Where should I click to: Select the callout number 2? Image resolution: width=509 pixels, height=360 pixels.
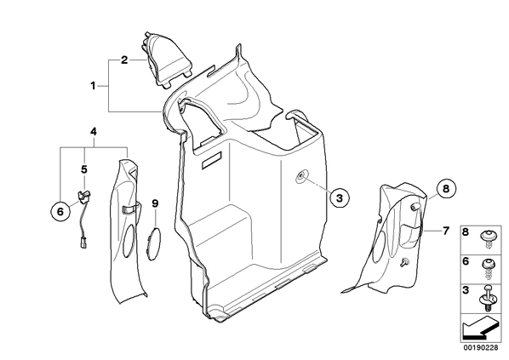click(x=124, y=60)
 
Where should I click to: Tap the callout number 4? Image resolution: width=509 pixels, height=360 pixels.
click(x=94, y=132)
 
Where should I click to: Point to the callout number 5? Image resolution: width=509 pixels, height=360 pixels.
click(x=84, y=169)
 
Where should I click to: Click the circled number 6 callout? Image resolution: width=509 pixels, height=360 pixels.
click(x=60, y=212)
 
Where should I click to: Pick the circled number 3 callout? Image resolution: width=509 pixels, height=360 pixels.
click(x=340, y=198)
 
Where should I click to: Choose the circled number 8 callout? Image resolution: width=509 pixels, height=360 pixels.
click(x=446, y=188)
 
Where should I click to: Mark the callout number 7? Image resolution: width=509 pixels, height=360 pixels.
click(x=446, y=231)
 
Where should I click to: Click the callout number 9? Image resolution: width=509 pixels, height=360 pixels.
click(x=155, y=203)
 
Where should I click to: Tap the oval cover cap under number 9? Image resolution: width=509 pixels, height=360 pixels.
click(x=153, y=244)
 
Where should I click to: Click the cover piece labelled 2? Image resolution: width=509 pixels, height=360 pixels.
click(x=166, y=60)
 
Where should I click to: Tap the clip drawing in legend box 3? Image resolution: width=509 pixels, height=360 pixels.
click(x=486, y=298)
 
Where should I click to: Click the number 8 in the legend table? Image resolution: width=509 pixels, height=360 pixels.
click(x=466, y=232)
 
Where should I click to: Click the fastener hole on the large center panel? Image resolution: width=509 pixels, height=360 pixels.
click(x=301, y=176)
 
